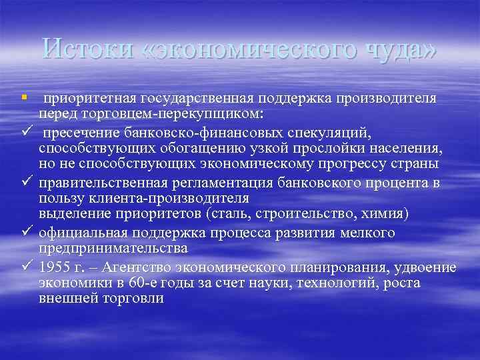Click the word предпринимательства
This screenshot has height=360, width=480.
(x=113, y=247)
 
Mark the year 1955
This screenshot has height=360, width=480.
(x=54, y=267)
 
